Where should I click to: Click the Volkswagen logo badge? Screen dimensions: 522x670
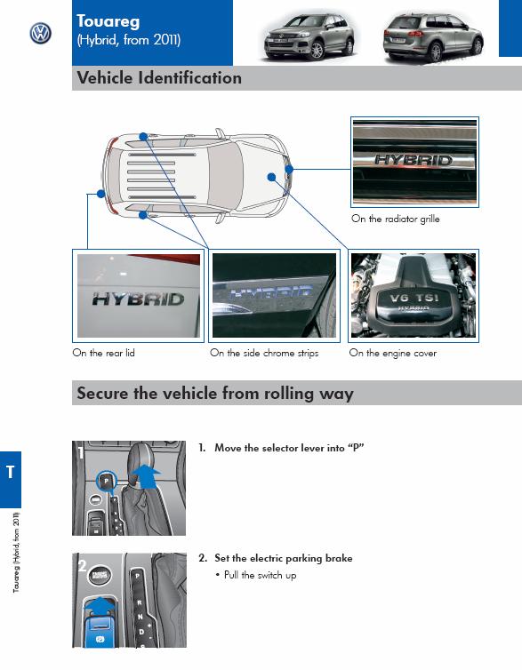pyautogui.click(x=41, y=34)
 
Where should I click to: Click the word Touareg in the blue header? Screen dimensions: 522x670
pyautogui.click(x=108, y=21)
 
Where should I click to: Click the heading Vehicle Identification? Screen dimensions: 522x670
pyautogui.click(x=159, y=78)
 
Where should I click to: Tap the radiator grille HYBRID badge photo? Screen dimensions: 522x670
pyautogui.click(x=414, y=162)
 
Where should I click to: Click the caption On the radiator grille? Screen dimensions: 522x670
pyautogui.click(x=395, y=219)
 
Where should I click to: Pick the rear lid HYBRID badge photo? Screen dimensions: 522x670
pyautogui.click(x=138, y=296)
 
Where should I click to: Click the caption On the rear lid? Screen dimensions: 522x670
pyautogui.click(x=103, y=353)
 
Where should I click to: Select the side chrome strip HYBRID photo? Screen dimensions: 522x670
pyautogui.click(x=274, y=296)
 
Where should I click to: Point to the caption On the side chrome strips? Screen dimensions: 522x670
pyautogui.click(x=264, y=353)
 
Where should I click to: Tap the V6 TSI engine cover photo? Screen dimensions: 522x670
pyautogui.click(x=413, y=296)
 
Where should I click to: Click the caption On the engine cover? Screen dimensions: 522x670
pyautogui.click(x=392, y=353)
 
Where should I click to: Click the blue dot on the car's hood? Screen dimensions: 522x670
pyautogui.click(x=271, y=177)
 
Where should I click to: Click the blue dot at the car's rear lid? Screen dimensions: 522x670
pyautogui.click(x=100, y=194)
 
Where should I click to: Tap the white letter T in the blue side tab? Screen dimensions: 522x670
pyautogui.click(x=11, y=472)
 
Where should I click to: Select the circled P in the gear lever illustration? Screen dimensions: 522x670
pyautogui.click(x=106, y=481)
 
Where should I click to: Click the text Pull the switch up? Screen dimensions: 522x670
pyautogui.click(x=260, y=575)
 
